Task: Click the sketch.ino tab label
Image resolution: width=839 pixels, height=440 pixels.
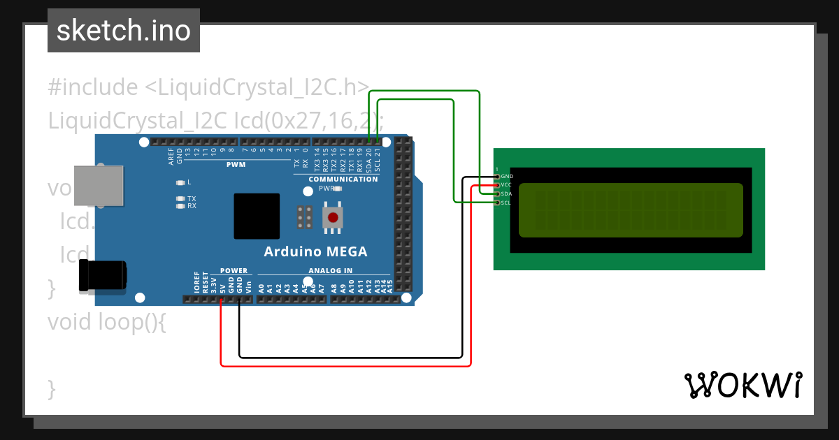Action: (124, 31)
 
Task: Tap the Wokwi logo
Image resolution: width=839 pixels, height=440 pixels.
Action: (743, 385)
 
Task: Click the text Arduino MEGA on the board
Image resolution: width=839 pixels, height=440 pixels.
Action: (315, 252)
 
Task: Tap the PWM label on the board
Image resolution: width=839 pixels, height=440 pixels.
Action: (236, 166)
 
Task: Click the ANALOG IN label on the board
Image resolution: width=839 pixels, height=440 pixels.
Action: (330, 271)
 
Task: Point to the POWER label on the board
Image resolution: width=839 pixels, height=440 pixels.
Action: (234, 271)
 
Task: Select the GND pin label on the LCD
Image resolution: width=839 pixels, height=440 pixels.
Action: (507, 177)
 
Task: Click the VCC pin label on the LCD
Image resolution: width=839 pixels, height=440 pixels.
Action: (507, 185)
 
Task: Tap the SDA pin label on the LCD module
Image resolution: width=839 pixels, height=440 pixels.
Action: (507, 194)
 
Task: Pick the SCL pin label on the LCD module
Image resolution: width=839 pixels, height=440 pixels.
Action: (507, 203)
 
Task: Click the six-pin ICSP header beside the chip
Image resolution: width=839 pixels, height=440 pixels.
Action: (304, 217)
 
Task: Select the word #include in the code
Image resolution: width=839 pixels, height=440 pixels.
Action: (93, 87)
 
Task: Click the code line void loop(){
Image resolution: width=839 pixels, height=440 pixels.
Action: (107, 322)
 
